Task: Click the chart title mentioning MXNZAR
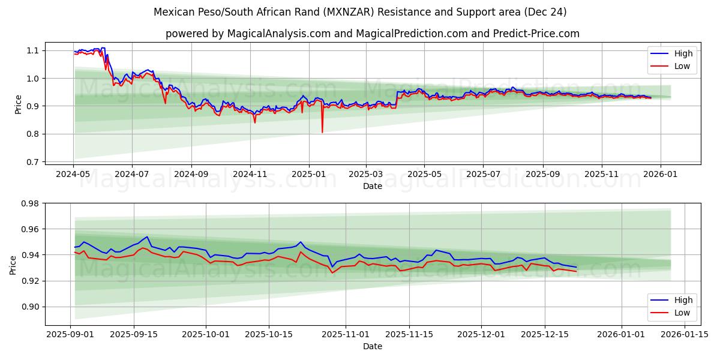coord(360,12)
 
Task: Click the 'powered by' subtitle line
coord(372,34)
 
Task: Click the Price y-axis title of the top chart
coord(18,104)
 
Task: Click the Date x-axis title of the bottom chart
coord(372,346)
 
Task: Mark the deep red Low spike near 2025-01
coord(322,131)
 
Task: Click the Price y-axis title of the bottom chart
coord(13,265)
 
